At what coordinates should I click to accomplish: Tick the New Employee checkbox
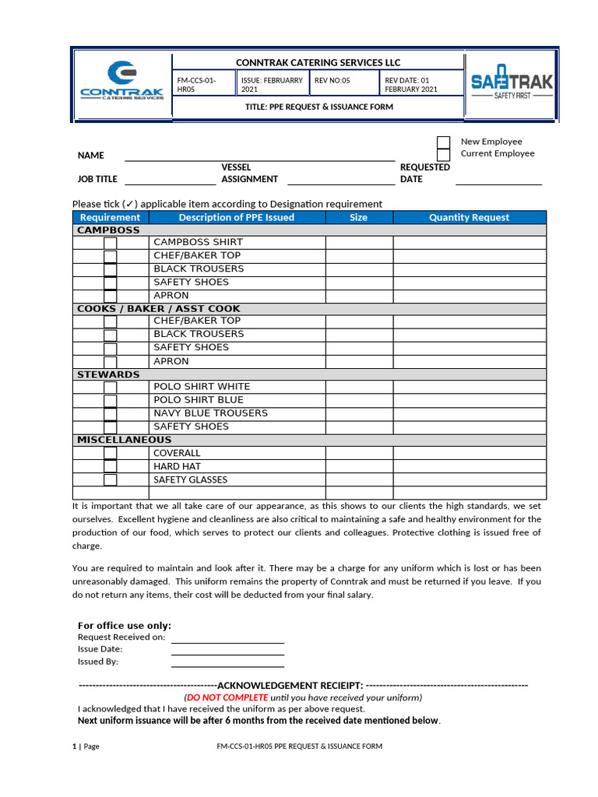pyautogui.click(x=443, y=142)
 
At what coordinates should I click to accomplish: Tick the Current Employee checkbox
pyautogui.click(x=443, y=154)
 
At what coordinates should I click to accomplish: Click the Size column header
pyautogui.click(x=358, y=218)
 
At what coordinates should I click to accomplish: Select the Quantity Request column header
pyautogui.click(x=469, y=218)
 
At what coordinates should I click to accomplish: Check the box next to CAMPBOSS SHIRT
pyautogui.click(x=111, y=243)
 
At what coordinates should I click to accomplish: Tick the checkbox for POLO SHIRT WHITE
pyautogui.click(x=111, y=387)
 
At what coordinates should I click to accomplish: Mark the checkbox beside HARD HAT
pyautogui.click(x=111, y=467)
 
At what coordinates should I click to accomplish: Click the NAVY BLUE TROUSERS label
pyautogui.click(x=210, y=413)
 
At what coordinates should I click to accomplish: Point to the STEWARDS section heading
pyautogui.click(x=108, y=374)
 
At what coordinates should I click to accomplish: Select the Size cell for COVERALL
pyautogui.click(x=358, y=453)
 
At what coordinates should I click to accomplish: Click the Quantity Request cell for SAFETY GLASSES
pyautogui.click(x=469, y=480)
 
